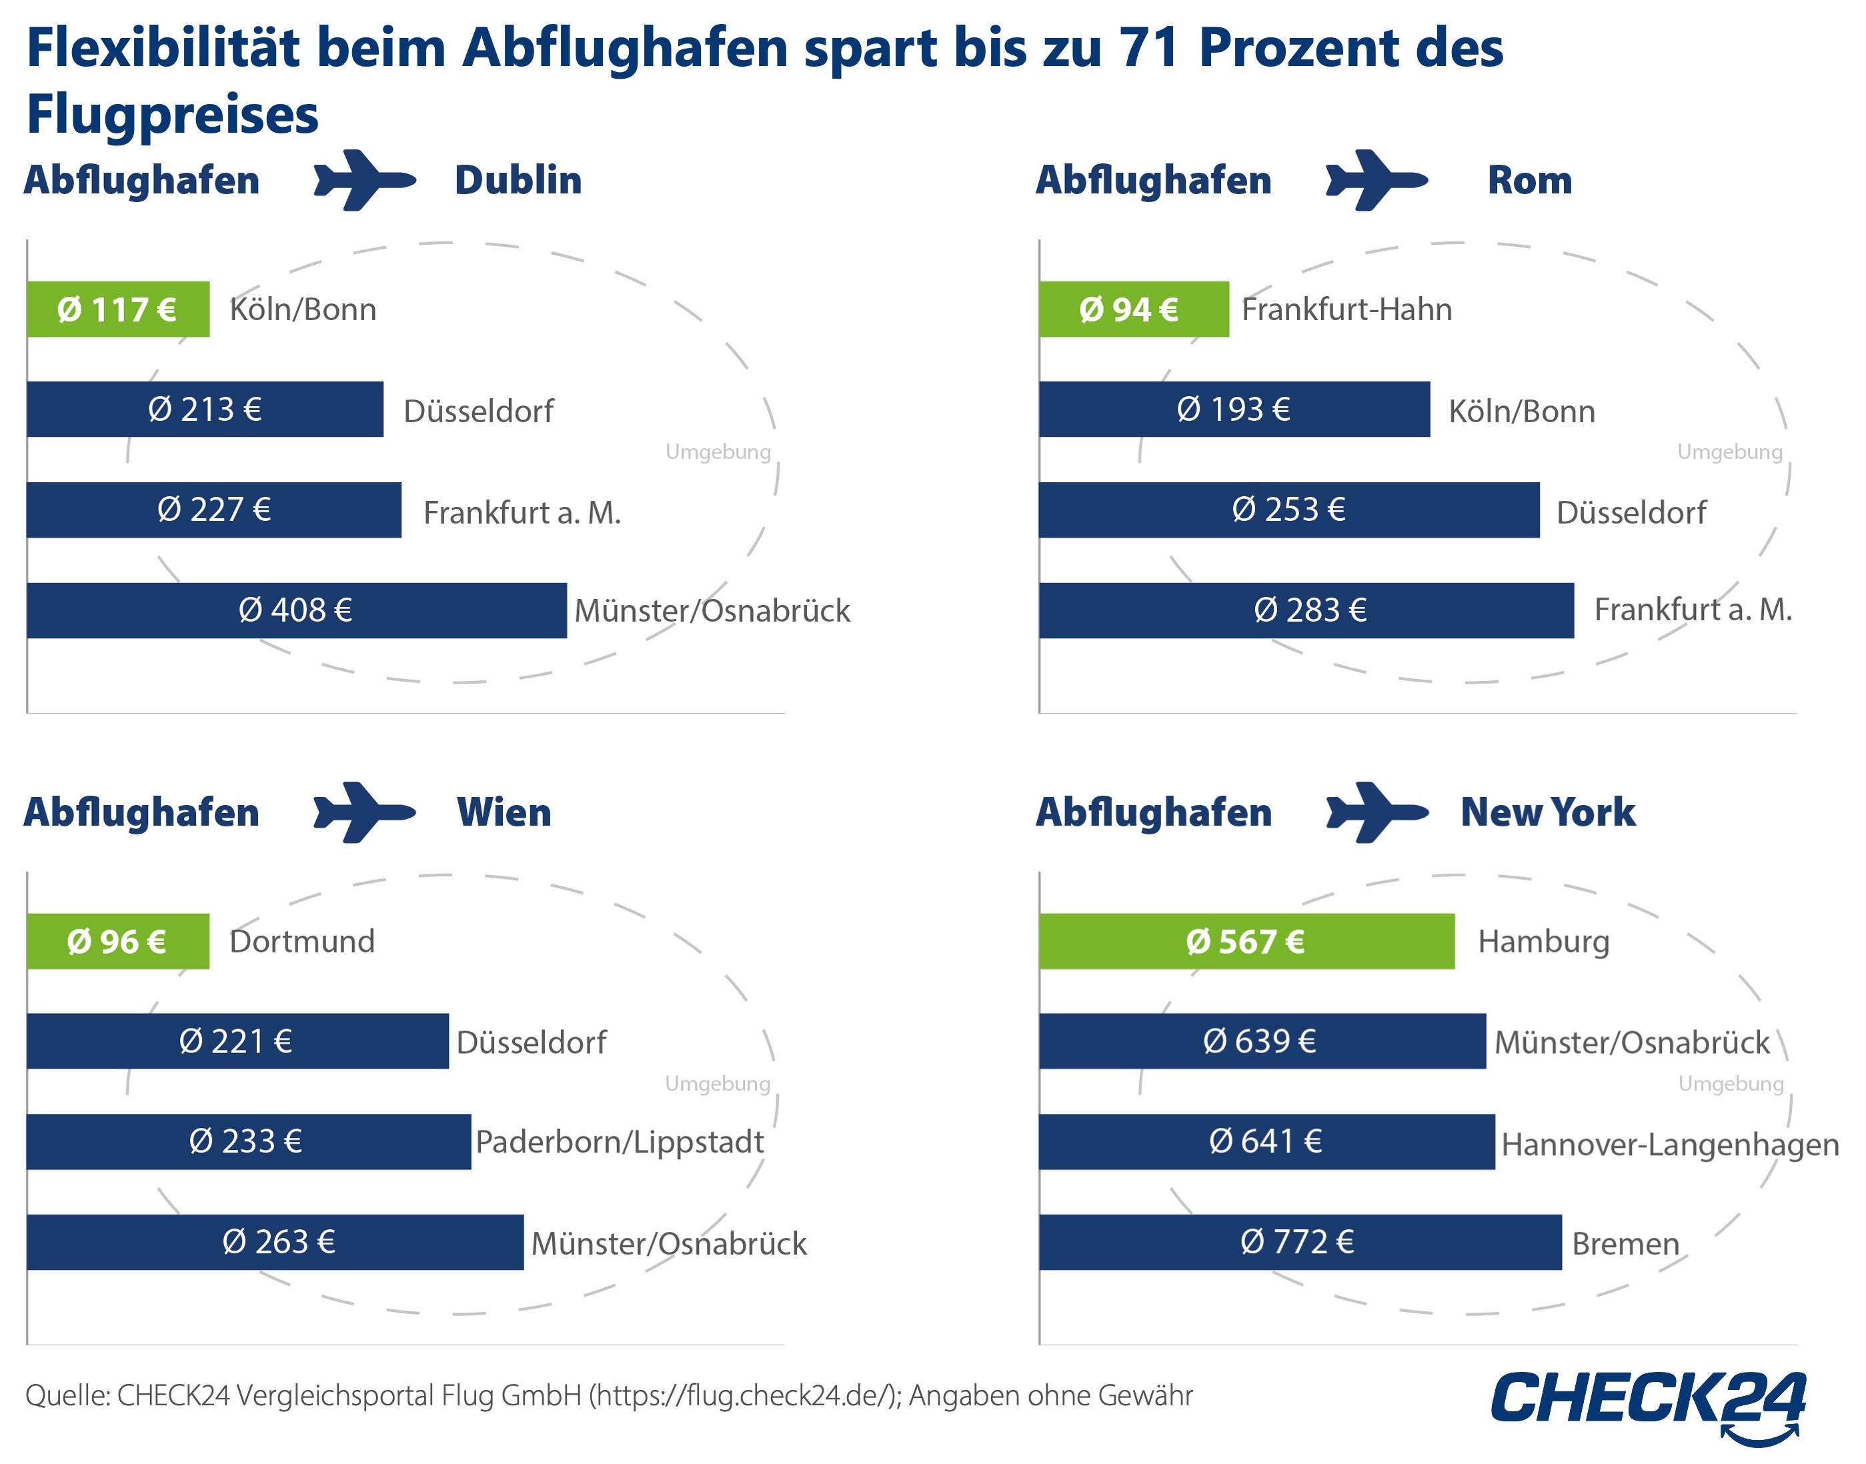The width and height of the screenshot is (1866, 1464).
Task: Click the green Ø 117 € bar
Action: [117, 309]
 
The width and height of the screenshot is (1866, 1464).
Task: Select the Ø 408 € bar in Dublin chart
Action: [295, 610]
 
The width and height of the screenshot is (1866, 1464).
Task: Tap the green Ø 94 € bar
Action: [1132, 309]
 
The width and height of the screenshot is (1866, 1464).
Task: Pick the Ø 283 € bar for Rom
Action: [1304, 610]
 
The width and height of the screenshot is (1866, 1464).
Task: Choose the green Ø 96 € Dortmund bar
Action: [117, 941]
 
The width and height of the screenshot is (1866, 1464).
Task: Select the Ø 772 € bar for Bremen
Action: [1298, 1242]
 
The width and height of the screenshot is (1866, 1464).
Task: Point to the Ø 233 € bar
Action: [247, 1142]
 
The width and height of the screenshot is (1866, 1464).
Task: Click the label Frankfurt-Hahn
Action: [1346, 309]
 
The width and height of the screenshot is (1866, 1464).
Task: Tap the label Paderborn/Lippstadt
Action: [619, 1142]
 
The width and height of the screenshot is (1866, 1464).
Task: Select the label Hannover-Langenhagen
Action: [1669, 1145]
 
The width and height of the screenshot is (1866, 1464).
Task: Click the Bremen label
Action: [1625, 1244]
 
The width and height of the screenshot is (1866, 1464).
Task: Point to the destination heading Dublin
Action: [518, 180]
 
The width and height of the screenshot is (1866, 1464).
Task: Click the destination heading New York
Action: [1547, 812]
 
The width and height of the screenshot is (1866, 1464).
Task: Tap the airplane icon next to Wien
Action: [364, 812]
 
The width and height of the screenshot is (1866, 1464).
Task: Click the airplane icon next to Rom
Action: [1376, 180]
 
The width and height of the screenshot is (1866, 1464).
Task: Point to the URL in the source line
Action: [742, 1395]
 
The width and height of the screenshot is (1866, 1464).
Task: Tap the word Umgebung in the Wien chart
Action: [718, 1083]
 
